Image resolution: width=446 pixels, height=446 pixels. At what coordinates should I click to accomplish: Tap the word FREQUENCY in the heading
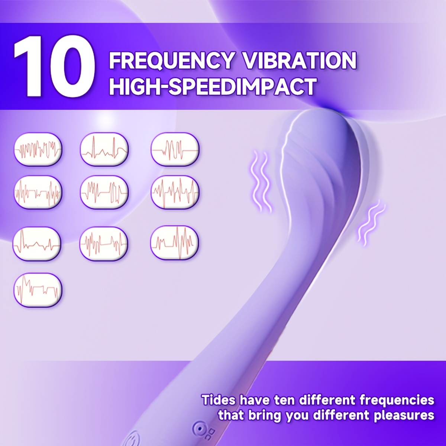(171, 61)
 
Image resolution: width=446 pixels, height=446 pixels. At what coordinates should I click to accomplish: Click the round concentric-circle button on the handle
(198, 429)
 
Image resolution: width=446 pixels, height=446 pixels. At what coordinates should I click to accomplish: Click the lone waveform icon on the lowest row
(38, 291)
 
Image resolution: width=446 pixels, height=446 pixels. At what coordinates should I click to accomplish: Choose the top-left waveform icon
(38, 149)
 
